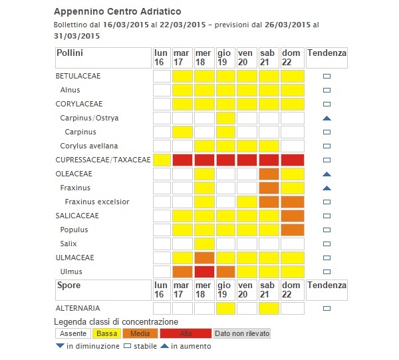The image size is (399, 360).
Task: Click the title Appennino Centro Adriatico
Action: pyautogui.click(x=116, y=12)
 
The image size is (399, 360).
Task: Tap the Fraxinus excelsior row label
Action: pyautogui.click(x=97, y=202)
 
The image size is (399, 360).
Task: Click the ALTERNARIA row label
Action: pyautogui.click(x=78, y=308)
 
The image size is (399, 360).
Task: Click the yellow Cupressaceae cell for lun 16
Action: pyautogui.click(x=162, y=160)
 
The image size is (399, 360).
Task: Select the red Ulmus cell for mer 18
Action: pyautogui.click(x=204, y=271)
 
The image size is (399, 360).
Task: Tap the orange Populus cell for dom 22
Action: pyautogui.click(x=291, y=230)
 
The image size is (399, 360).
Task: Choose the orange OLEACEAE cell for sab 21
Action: pyautogui.click(x=269, y=174)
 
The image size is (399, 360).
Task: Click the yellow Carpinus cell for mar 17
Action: pyautogui.click(x=182, y=132)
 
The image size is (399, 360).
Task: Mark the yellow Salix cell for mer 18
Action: pyautogui.click(x=204, y=244)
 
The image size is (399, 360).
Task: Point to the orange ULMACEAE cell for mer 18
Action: pyautogui.click(x=204, y=258)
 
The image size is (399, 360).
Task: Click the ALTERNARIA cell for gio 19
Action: pyautogui.click(x=225, y=308)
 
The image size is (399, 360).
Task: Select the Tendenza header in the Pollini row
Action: pyautogui.click(x=327, y=53)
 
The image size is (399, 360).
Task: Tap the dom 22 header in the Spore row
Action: pyautogui.click(x=291, y=289)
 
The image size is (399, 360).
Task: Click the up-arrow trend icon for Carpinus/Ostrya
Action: pyautogui.click(x=327, y=118)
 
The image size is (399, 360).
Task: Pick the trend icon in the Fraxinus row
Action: pyautogui.click(x=327, y=188)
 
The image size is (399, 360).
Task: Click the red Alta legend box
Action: pyautogui.click(x=185, y=333)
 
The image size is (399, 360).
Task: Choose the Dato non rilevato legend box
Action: pyautogui.click(x=242, y=333)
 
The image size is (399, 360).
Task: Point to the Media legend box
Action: pyautogui.click(x=140, y=333)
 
